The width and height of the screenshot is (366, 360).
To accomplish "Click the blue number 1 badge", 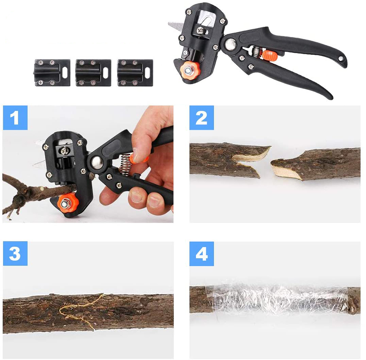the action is pos(15,118).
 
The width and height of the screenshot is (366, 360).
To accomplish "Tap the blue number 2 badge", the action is pos(202,118).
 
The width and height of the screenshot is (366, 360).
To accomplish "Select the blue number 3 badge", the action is pos(15,253).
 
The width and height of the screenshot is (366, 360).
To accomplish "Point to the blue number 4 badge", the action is pos(202,254).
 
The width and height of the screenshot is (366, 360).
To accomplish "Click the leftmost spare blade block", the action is pos(52,73).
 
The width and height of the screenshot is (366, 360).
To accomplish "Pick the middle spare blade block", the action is pos(93,73).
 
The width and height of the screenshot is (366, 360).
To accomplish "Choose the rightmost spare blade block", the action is pos(135,73).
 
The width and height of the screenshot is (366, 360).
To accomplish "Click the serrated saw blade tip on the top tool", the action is pos(169,24).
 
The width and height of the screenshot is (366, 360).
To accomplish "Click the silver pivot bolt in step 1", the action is pos(97,162).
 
